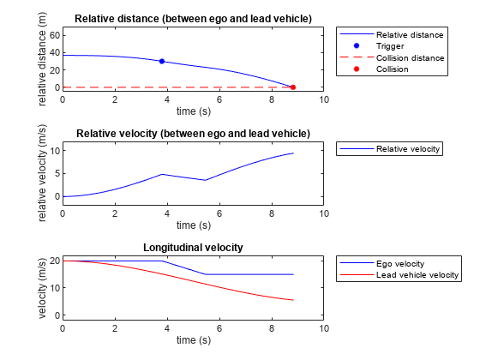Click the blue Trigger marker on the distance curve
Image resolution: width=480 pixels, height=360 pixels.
[x=162, y=62]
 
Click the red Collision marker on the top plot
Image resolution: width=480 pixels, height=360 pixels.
[x=293, y=87]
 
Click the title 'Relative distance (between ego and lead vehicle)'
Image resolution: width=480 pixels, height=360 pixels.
[x=193, y=18]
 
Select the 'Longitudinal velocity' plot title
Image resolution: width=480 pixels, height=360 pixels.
[x=193, y=248]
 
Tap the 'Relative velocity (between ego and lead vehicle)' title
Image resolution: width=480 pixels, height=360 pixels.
[x=193, y=133]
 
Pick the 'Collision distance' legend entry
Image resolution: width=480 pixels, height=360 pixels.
[x=410, y=57]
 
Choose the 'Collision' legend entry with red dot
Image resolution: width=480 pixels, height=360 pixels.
[x=392, y=69]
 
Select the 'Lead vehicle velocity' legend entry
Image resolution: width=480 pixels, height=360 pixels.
[x=417, y=275]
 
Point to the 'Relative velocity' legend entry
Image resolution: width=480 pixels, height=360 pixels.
[x=407, y=148]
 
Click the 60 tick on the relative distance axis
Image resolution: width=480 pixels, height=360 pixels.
[x=54, y=35]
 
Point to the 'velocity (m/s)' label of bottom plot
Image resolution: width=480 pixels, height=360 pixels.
[x=41, y=290]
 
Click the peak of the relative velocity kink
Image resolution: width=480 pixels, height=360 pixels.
[x=162, y=174]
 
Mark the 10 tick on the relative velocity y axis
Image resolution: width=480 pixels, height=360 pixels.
[x=54, y=151]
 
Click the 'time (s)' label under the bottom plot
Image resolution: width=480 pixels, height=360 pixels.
[x=193, y=340]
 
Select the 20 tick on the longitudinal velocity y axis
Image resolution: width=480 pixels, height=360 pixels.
[x=54, y=261]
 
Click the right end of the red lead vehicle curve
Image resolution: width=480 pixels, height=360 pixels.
[x=293, y=300]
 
